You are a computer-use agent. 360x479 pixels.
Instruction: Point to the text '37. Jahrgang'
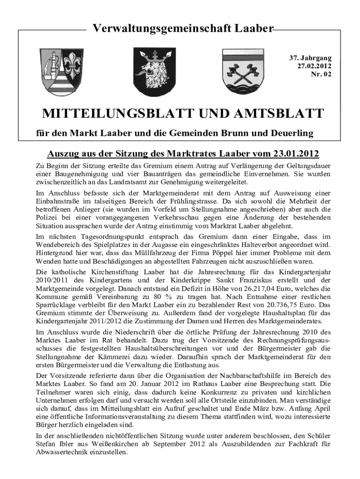click(310, 58)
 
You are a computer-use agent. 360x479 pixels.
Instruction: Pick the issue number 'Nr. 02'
click(321, 74)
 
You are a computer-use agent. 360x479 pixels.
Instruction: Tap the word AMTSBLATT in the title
click(276, 114)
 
